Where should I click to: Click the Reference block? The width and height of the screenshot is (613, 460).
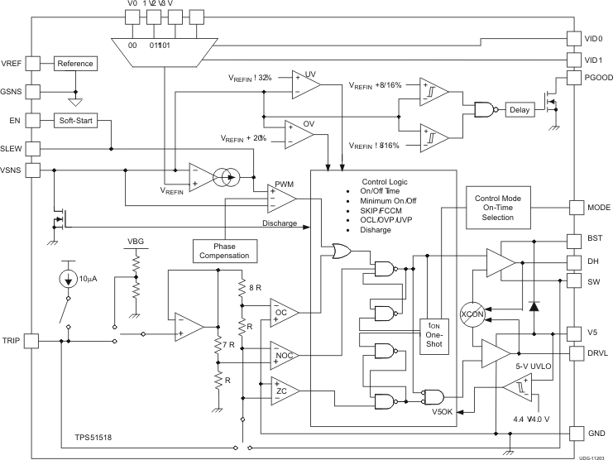(x=75, y=64)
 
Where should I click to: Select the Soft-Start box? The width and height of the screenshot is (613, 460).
(x=75, y=121)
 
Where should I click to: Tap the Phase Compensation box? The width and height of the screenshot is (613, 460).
(x=220, y=250)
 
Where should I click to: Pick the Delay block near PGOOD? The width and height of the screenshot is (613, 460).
(x=520, y=109)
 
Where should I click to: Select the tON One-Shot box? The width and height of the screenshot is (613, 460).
(x=434, y=334)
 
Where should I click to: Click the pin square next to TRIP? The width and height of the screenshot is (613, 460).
(x=31, y=339)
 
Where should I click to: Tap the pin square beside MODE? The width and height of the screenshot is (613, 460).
(x=577, y=207)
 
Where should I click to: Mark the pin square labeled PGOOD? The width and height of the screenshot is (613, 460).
(x=577, y=78)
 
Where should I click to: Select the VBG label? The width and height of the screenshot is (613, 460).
(x=135, y=242)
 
